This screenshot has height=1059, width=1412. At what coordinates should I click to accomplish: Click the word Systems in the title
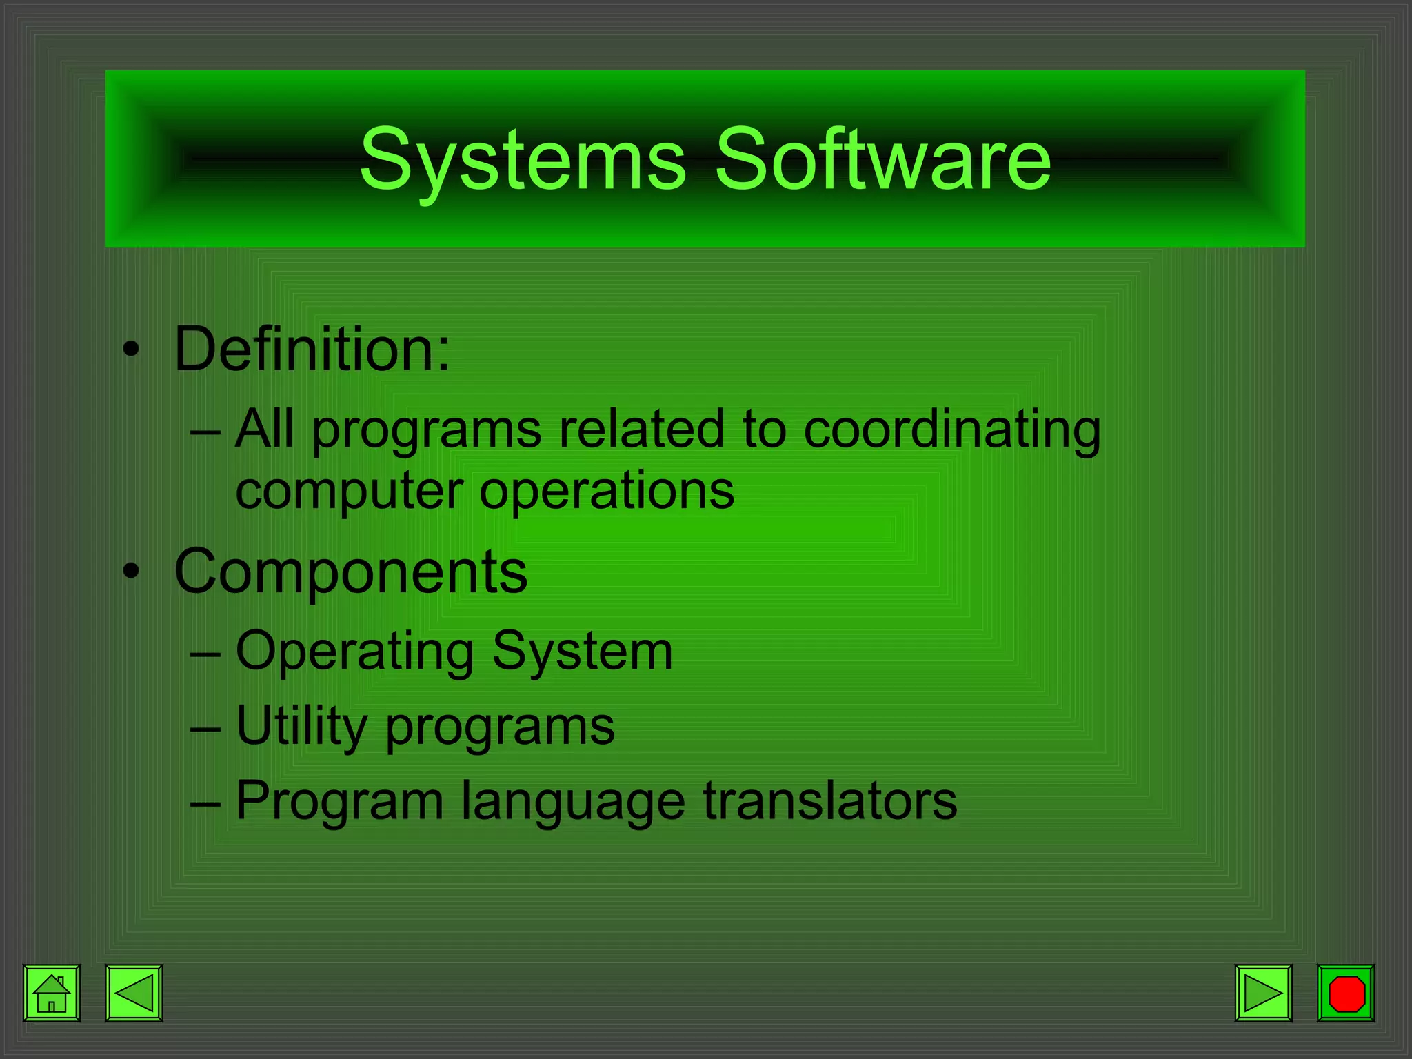[x=523, y=160]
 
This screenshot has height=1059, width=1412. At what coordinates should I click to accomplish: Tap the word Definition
[x=312, y=350]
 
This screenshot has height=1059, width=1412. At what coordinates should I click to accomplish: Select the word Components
[x=351, y=572]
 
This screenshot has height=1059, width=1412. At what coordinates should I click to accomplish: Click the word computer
[x=349, y=492]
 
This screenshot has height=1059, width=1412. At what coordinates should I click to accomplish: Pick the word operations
[x=607, y=492]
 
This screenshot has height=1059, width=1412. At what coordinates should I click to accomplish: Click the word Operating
[x=355, y=652]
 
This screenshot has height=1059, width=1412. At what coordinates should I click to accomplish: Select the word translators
[x=830, y=800]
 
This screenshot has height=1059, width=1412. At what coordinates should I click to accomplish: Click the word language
[x=573, y=802]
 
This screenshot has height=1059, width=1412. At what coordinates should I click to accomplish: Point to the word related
[x=641, y=429]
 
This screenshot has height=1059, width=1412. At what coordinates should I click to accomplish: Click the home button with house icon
[x=52, y=994]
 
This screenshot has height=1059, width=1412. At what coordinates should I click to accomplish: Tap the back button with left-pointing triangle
[x=134, y=994]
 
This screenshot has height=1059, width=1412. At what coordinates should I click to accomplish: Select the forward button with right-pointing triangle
[x=1263, y=994]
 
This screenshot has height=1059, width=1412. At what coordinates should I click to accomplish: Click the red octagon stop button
[x=1346, y=994]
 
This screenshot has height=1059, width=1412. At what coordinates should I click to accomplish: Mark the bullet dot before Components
[x=131, y=572]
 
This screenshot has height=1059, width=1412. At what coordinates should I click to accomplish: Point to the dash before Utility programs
[x=205, y=728]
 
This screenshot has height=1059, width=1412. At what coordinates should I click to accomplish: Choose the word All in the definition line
[x=264, y=429]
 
